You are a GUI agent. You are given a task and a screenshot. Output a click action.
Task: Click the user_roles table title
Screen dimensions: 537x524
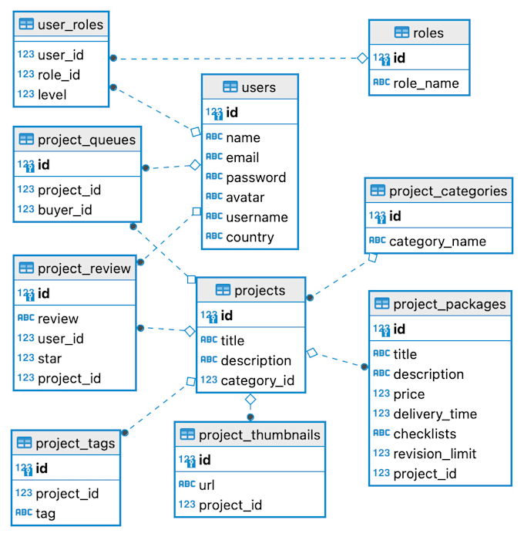[x=70, y=25]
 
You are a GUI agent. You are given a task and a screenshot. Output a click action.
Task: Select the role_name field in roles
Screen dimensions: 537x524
[x=425, y=83]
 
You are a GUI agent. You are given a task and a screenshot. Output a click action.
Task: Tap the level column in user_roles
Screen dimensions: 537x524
[x=52, y=95]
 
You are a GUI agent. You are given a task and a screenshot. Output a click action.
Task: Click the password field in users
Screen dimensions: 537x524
[x=256, y=177]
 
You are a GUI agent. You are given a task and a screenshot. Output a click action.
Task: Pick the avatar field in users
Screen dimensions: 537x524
[x=246, y=198]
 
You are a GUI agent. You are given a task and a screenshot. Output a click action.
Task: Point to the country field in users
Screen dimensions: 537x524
[x=250, y=237]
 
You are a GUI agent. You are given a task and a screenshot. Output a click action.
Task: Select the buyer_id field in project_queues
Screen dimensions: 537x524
[x=65, y=209]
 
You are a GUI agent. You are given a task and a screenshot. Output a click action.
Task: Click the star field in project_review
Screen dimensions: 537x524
[x=50, y=358]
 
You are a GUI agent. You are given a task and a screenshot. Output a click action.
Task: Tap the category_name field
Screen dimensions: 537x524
[x=437, y=241]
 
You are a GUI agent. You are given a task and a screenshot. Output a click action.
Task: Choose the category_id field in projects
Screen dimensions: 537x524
[x=257, y=380]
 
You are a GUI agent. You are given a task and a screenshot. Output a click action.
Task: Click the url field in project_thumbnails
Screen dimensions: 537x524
[x=207, y=485]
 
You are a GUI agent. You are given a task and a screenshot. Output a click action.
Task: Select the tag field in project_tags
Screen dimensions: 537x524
[x=46, y=513]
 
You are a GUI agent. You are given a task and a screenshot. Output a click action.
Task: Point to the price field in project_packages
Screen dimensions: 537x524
[x=408, y=393]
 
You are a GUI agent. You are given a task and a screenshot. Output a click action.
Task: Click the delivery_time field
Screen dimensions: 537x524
[x=435, y=414]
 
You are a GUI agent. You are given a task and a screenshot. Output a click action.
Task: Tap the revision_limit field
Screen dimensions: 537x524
[x=435, y=454]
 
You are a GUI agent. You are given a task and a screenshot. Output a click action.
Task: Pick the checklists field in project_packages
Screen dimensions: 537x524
[x=425, y=434]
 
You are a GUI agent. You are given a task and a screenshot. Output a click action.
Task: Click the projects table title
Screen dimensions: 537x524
[x=260, y=290]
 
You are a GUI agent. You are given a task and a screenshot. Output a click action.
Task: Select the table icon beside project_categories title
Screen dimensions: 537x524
[x=378, y=191]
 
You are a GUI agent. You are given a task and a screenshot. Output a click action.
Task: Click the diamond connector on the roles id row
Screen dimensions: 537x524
[x=361, y=58]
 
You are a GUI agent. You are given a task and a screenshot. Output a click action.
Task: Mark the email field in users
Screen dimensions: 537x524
[x=242, y=157]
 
